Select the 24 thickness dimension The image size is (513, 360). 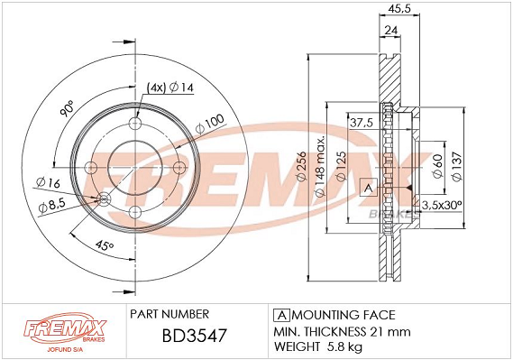tap(391, 31)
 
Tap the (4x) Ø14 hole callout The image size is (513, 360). tap(169, 88)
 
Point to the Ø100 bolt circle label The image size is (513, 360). tap(210, 124)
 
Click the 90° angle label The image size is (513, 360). tap(68, 108)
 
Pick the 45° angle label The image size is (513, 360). tap(105, 245)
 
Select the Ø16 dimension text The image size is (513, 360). tap(48, 182)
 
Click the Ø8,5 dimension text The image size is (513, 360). tap(52, 206)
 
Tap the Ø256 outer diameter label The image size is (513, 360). tap(301, 166)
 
